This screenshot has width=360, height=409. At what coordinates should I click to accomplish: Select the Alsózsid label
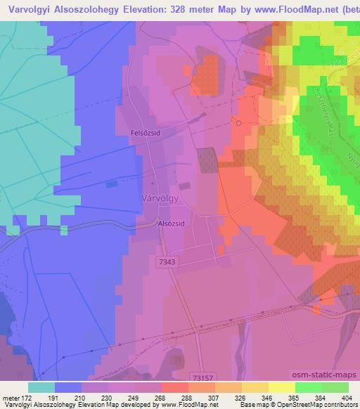click(171, 225)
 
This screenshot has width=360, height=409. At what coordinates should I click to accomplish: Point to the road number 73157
click(202, 378)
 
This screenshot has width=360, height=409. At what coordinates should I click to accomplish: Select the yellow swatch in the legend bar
click(281, 387)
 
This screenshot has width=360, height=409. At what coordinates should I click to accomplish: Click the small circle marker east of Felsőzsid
click(238, 123)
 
